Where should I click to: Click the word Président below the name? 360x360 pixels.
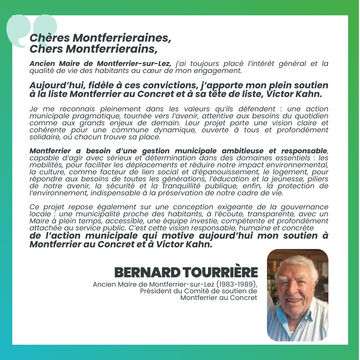tap(156, 291)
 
